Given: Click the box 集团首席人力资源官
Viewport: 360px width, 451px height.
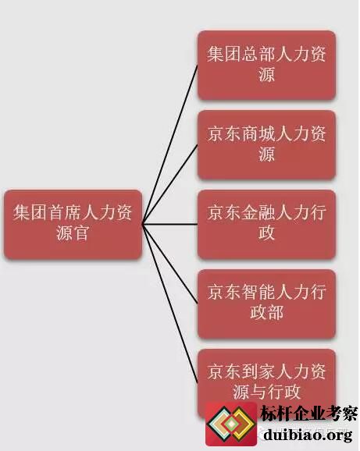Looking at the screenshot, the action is pos(73,225).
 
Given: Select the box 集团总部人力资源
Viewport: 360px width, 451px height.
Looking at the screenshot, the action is pos(266,66).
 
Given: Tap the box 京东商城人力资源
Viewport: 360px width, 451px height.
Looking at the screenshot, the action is pos(266,144).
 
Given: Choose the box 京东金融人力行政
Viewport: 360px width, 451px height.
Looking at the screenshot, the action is pos(266,225).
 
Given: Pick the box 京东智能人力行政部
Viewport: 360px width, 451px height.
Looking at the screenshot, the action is pos(266,304).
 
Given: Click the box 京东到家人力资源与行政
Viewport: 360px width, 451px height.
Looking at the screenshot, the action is pos(266,383).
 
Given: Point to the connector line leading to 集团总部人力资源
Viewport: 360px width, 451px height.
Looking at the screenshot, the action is pos(169,144).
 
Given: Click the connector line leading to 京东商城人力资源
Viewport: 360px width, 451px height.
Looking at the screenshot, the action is pos(169,184).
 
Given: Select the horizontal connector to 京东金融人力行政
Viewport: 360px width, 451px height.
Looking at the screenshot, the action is pos(169,225).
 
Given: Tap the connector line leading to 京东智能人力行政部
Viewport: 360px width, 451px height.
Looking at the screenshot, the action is pos(169,264).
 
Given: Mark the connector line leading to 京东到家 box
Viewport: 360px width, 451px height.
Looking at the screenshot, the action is pos(169,304).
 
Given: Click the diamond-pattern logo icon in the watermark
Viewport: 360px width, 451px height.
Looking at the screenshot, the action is pos(231,424).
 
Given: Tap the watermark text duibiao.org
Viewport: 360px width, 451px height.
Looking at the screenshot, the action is pos(308,435).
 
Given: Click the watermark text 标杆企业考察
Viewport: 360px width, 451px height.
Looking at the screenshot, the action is pos(308,414).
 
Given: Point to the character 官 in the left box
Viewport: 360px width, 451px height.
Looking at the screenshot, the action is pos(81,233).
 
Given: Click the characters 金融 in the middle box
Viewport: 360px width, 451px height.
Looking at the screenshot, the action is pos(258,213).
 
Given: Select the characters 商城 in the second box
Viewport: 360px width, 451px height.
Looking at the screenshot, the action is pos(258,133).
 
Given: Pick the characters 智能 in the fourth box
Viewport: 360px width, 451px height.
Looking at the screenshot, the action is pos(258,293).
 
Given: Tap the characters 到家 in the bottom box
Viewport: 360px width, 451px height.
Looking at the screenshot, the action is pos(258,371).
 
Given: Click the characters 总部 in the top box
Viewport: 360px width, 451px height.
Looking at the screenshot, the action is pos(258,54).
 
